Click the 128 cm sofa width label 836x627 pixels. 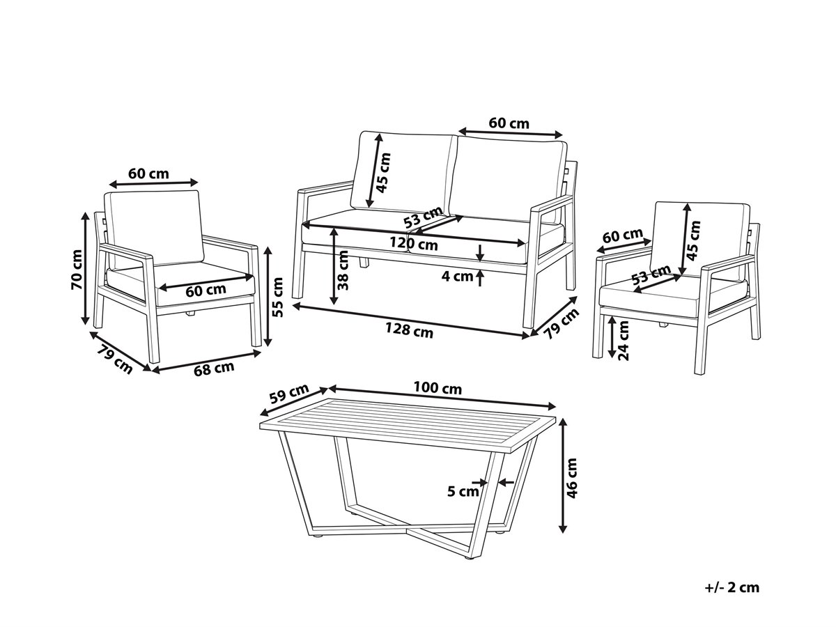tap(409, 330)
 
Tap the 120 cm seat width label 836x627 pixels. tap(413, 244)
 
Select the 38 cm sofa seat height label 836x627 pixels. tap(343, 270)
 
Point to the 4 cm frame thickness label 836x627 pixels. tap(456, 276)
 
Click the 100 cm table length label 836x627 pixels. tap(438, 388)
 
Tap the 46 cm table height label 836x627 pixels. tap(572, 478)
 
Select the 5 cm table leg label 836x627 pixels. tap(463, 491)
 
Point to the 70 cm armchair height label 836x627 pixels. tap(77, 270)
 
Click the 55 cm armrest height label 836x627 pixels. tap(278, 297)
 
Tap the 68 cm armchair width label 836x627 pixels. tap(214, 368)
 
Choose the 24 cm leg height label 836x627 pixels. tap(624, 341)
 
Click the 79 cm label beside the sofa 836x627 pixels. tap(561, 323)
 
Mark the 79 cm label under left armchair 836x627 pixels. tap(115, 359)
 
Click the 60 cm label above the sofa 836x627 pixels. tap(509, 123)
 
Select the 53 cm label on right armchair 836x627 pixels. tap(651, 275)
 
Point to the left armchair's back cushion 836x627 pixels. tap(154, 228)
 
